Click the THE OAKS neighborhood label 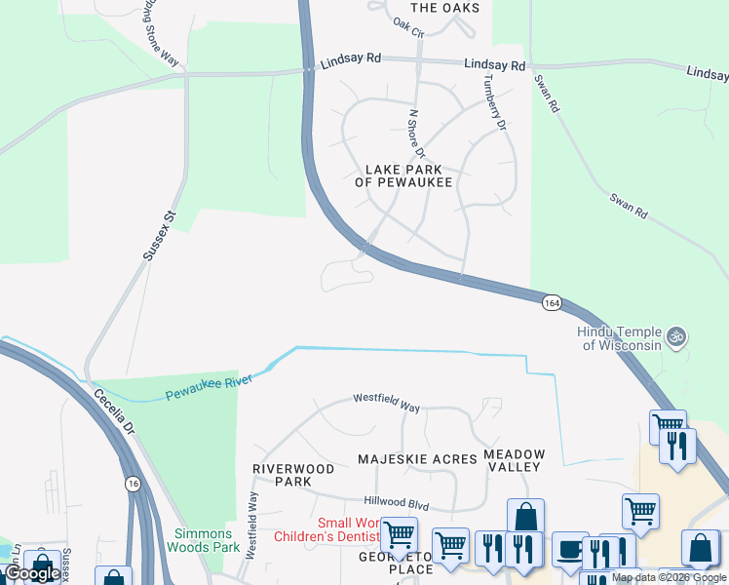[x=445, y=8]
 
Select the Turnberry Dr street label [x=494, y=104]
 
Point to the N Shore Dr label [x=417, y=133]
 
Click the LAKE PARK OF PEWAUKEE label [x=403, y=175]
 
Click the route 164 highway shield [x=553, y=303]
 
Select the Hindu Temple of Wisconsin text [x=622, y=338]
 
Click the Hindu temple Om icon [x=677, y=338]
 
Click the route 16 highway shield [x=132, y=484]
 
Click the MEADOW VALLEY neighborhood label [x=514, y=461]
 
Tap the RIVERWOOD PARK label [x=293, y=475]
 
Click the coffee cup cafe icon [x=570, y=549]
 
